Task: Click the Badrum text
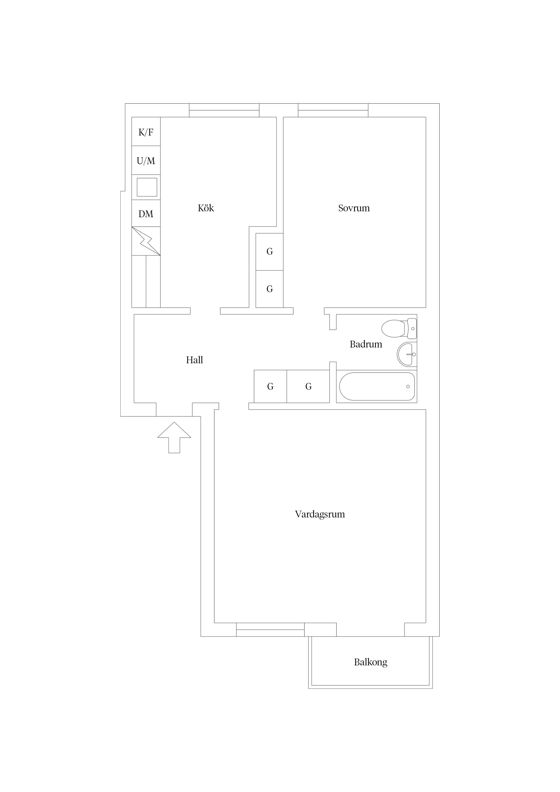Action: [x=366, y=344]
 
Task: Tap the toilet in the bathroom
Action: [x=399, y=328]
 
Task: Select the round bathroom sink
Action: [x=407, y=354]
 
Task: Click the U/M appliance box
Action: [x=146, y=160]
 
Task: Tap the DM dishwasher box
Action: [x=146, y=214]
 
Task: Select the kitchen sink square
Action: [x=147, y=187]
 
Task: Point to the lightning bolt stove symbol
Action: [x=146, y=241]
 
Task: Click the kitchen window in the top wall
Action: [x=224, y=110]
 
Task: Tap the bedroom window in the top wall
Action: [x=333, y=110]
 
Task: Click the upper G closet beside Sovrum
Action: [x=269, y=252]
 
